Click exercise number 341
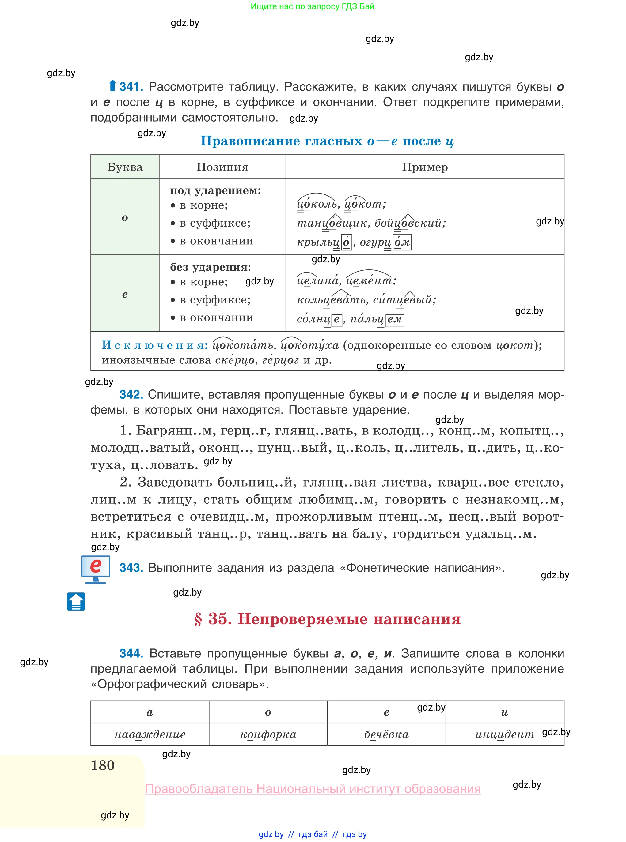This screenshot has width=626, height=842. (x=131, y=87)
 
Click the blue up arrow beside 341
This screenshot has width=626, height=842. (x=112, y=86)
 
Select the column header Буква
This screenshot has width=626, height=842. (x=125, y=167)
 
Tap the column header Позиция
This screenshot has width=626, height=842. (x=222, y=167)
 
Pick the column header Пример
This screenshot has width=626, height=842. (x=424, y=167)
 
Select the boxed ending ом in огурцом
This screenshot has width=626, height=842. (x=402, y=242)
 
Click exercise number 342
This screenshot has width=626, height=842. (x=131, y=394)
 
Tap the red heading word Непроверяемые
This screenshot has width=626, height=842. (x=302, y=619)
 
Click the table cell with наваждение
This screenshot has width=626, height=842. (x=150, y=735)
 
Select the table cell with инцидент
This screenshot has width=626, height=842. (x=504, y=735)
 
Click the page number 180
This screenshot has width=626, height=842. (x=103, y=765)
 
